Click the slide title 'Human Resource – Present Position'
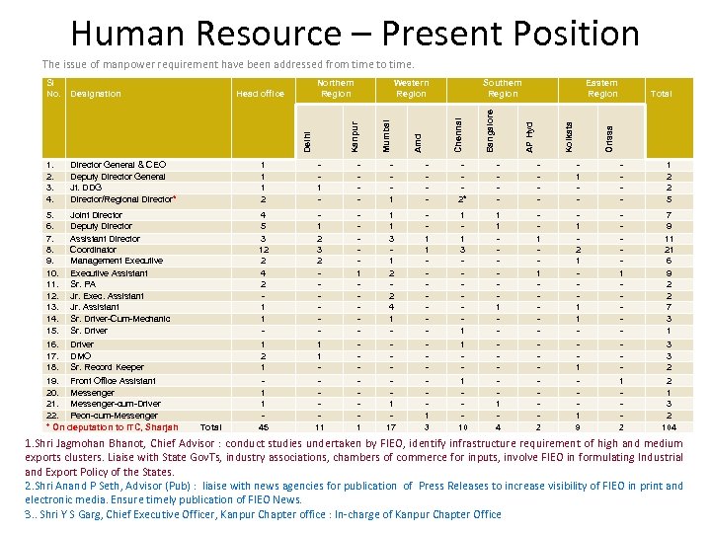[355, 33]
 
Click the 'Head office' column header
[261, 94]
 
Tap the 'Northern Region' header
[336, 88]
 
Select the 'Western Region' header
[411, 88]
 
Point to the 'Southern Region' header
[503, 88]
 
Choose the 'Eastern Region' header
[601, 88]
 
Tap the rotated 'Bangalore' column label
[491, 129]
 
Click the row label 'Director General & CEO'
[118, 165]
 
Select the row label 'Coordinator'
[95, 250]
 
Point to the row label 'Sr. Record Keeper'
[107, 367]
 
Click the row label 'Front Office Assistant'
[113, 380]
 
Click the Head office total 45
[263, 427]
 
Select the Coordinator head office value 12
[262, 250]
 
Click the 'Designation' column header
[96, 94]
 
